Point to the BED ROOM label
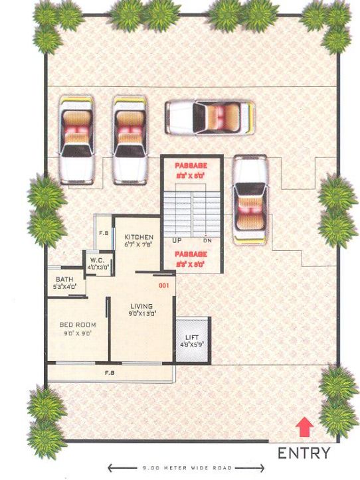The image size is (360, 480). (78, 325)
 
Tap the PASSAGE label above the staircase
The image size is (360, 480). (191, 164)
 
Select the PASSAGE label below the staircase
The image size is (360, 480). (191, 254)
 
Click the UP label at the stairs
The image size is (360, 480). (177, 240)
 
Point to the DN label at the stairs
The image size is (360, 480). (207, 240)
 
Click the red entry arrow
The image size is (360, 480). (304, 426)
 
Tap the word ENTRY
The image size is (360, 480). (304, 454)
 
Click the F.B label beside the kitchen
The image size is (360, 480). (104, 233)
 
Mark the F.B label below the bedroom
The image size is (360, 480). (110, 373)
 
